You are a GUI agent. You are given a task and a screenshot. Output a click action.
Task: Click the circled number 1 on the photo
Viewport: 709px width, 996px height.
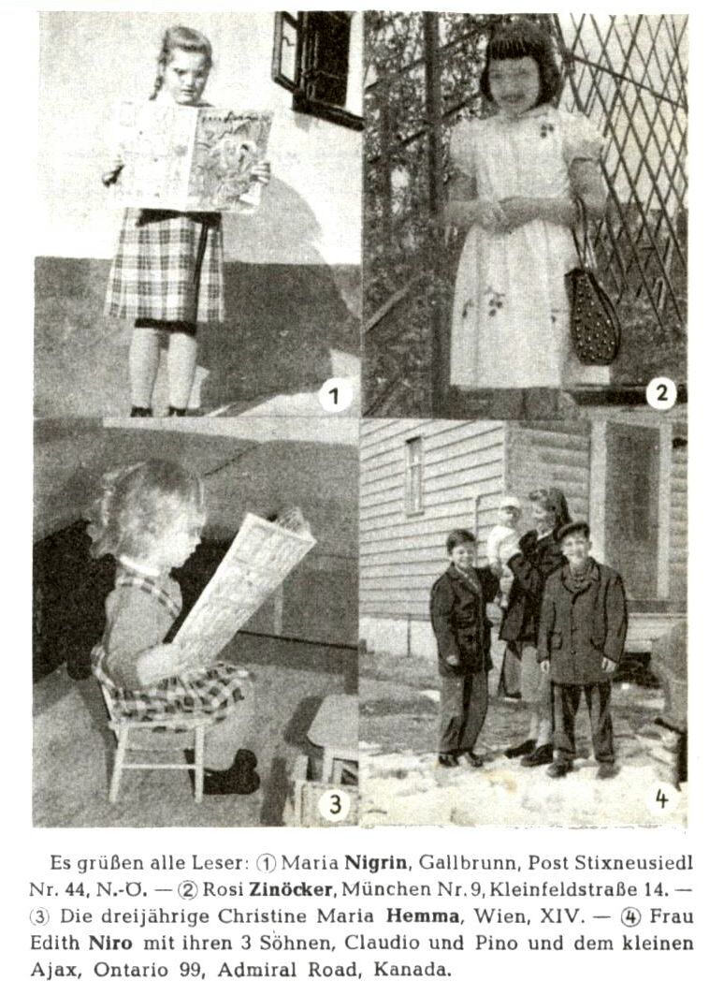click(335, 396)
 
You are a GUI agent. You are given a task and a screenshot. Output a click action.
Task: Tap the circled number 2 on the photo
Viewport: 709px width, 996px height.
click(661, 393)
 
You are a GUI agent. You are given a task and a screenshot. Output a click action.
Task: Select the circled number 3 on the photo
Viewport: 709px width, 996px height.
click(335, 804)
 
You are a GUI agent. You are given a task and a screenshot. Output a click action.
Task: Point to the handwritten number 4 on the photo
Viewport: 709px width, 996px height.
click(662, 798)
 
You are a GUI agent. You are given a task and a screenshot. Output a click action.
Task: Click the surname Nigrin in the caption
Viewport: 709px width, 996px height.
click(376, 862)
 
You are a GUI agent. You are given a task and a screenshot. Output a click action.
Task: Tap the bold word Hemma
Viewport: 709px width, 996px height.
click(423, 915)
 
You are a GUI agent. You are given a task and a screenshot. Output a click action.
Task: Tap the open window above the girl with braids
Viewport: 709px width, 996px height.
click(315, 64)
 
